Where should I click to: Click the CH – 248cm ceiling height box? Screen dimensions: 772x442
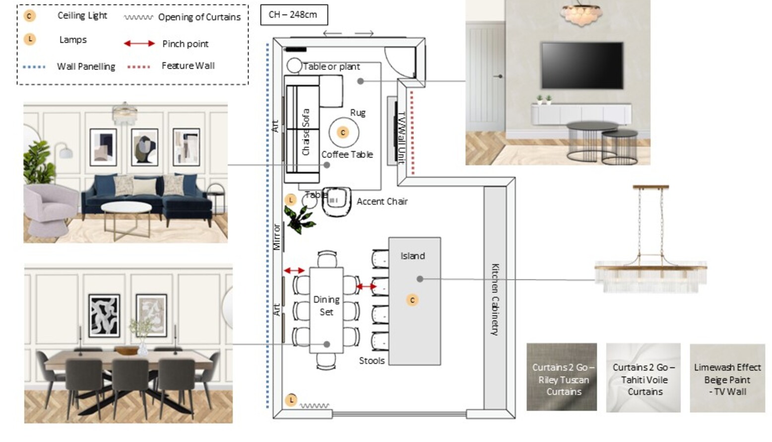click(294, 15)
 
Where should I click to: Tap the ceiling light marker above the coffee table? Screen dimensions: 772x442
click(342, 133)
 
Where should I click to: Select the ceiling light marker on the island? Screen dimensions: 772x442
click(412, 300)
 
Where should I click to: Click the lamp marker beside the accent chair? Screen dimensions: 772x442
click(291, 200)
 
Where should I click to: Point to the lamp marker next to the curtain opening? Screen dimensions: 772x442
click(291, 400)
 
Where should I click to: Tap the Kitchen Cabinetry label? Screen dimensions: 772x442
click(495, 299)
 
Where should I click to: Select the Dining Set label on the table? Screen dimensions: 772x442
click(326, 306)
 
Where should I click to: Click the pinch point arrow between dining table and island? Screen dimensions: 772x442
click(366, 287)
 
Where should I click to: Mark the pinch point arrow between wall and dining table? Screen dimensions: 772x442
click(294, 271)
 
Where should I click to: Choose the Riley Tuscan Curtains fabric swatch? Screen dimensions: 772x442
click(562, 377)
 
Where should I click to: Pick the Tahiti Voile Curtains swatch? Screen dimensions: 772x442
click(643, 377)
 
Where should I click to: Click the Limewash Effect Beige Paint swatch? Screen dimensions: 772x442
click(727, 378)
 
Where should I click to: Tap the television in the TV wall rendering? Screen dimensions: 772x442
click(582, 66)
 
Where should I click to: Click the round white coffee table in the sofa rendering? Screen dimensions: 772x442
click(127, 207)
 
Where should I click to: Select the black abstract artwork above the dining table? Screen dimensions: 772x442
click(104, 316)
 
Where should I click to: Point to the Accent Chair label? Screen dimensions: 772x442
click(382, 202)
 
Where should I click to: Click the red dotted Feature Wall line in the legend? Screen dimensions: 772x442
click(138, 67)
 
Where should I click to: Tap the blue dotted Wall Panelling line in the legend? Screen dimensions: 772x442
click(34, 67)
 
